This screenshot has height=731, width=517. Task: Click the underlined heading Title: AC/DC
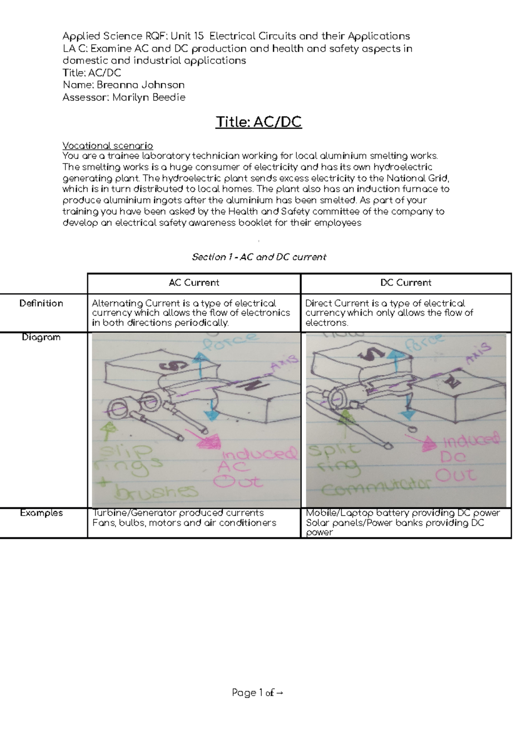[258, 122]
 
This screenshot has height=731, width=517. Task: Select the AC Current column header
[194, 283]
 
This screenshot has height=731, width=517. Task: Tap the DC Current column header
[406, 283]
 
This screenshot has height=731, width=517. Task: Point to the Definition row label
[41, 303]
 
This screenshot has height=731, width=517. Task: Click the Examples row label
[41, 513]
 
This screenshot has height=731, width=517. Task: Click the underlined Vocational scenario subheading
[108, 146]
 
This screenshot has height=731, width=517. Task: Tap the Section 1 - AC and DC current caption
[259, 257]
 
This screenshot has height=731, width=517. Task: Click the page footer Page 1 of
[258, 693]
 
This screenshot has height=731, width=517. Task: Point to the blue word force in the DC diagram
[424, 345]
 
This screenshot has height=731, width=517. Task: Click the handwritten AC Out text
[237, 474]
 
